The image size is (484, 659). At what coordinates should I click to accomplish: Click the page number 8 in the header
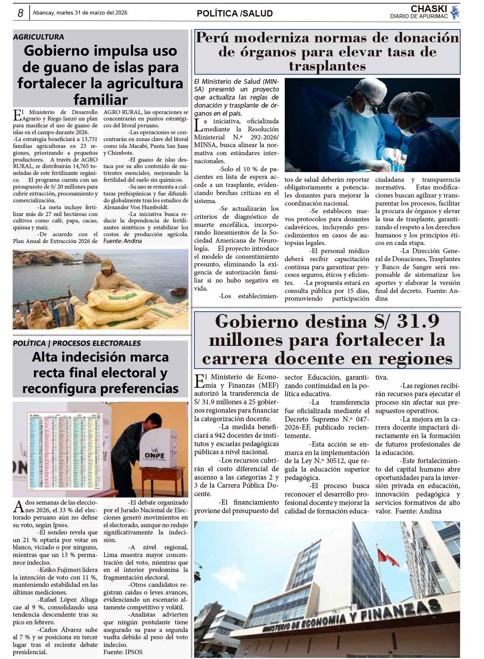(20, 13)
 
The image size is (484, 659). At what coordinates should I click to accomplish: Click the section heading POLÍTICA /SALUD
(235, 13)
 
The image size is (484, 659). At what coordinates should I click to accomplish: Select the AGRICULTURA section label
(38, 37)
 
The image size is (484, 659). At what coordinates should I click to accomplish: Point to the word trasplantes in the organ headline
(327, 66)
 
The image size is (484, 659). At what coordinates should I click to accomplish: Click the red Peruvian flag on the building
(388, 556)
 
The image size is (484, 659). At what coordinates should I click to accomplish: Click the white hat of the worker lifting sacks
(106, 265)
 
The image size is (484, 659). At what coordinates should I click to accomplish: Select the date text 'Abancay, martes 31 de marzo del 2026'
(80, 13)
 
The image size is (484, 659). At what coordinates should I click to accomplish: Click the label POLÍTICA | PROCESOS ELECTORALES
(77, 343)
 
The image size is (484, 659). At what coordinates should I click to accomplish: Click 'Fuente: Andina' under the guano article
(123, 241)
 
